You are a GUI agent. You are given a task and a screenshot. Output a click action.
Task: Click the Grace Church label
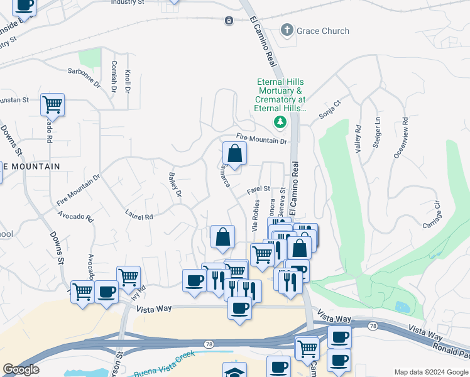click(323, 30)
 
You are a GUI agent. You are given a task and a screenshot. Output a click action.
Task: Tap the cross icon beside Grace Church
click(287, 30)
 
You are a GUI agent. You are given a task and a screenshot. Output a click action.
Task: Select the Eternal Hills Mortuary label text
click(280, 95)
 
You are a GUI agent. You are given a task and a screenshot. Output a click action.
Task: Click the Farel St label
click(258, 188)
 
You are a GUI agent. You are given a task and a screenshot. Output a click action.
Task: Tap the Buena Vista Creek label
click(167, 371)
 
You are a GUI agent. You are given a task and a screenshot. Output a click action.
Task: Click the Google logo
click(21, 370)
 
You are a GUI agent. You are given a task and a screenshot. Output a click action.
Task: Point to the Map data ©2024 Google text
click(430, 372)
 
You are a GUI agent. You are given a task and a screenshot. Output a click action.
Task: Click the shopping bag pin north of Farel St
click(234, 154)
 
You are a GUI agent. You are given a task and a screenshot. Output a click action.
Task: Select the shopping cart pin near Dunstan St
click(52, 104)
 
